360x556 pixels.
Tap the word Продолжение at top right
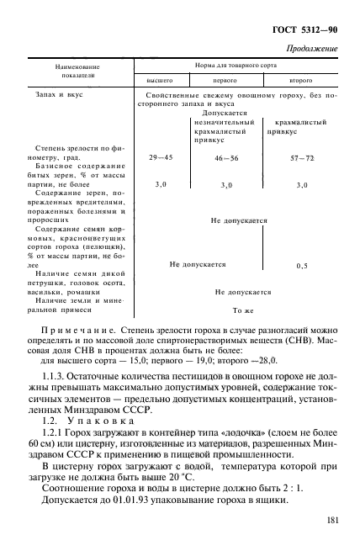[x=312, y=49]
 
